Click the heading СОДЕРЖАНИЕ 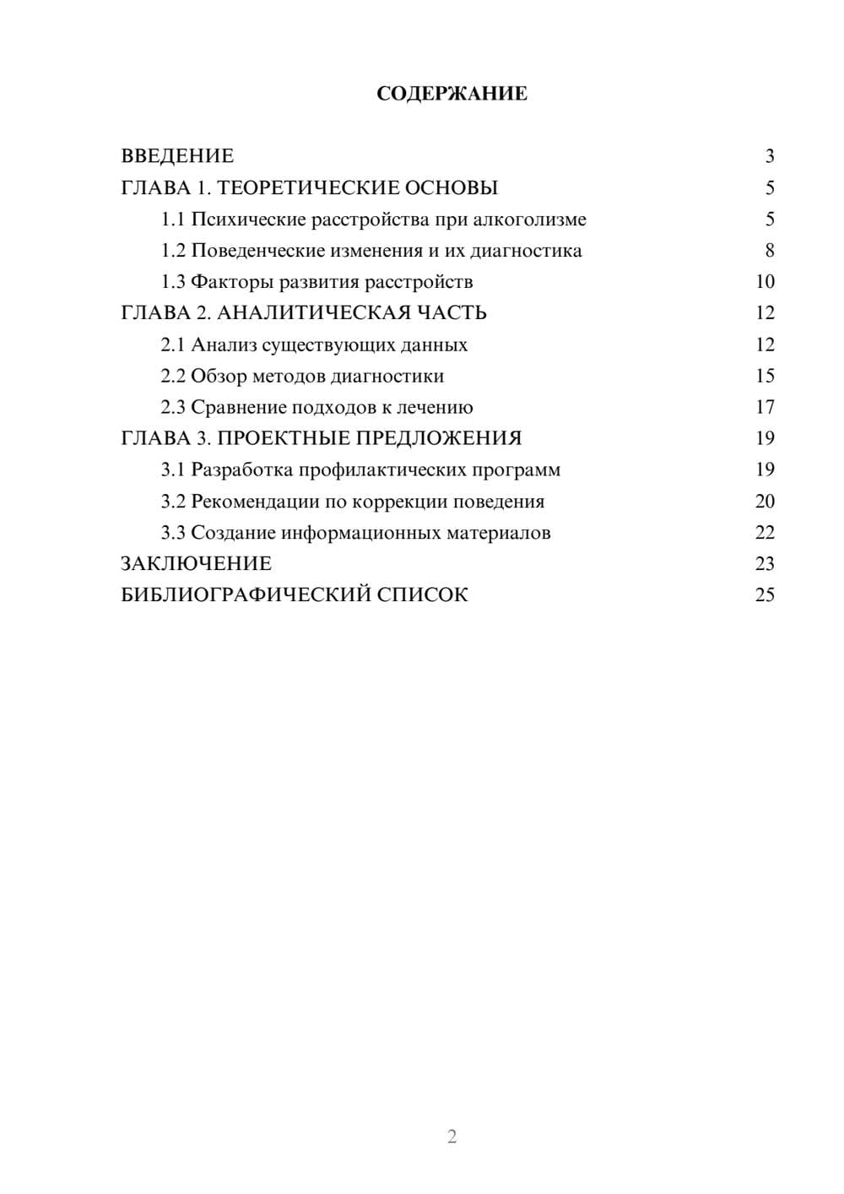click(452, 94)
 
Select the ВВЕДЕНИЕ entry click(177, 156)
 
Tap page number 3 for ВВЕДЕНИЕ click(769, 156)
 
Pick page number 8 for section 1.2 click(769, 251)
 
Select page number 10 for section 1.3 click(765, 282)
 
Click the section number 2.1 click(173, 345)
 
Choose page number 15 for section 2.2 click(765, 376)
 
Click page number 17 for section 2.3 click(765, 407)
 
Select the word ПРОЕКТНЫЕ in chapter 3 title click(284, 438)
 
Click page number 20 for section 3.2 click(765, 502)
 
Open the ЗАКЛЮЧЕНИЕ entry click(196, 564)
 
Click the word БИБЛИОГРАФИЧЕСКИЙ click(246, 595)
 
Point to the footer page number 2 click(452, 1137)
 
